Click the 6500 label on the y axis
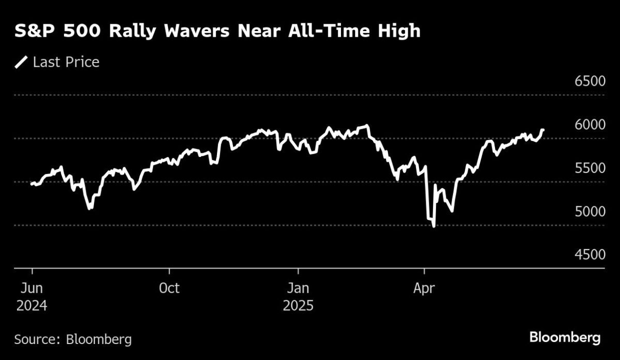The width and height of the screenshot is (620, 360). point(590,82)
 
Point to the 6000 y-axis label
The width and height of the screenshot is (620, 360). point(590,126)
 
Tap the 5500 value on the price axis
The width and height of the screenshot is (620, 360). point(590,169)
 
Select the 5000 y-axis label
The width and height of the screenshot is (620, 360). point(590,212)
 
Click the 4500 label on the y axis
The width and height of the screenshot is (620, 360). point(590,256)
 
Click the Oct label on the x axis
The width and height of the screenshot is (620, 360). point(169,288)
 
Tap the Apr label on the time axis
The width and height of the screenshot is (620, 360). point(424,288)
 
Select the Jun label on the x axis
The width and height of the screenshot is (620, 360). point(32,288)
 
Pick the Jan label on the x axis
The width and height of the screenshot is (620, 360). point(298,288)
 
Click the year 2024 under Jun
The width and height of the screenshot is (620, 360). point(32,305)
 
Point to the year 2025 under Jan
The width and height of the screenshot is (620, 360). point(298,305)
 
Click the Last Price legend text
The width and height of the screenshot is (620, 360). point(66,62)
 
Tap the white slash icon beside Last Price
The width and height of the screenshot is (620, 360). point(21,62)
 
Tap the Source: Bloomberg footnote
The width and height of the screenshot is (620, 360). point(73,339)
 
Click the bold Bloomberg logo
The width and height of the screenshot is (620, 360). point(565,338)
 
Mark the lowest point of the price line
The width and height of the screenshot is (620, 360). point(433,226)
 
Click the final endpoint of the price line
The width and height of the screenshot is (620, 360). point(543,130)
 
